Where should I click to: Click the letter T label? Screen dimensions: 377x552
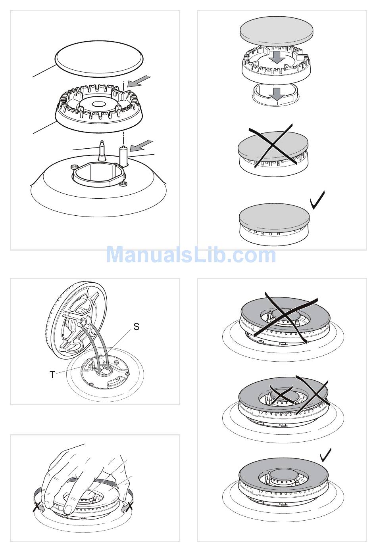52,375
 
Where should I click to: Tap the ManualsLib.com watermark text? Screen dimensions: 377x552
191,255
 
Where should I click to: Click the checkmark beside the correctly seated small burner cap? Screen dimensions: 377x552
317,200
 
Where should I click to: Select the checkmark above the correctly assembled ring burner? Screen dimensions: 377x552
326,455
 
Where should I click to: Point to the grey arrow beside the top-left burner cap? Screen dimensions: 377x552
139,82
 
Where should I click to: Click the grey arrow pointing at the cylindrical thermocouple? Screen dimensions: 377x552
141,146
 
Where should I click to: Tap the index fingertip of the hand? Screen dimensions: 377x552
68,508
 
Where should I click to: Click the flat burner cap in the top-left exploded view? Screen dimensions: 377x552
99,59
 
